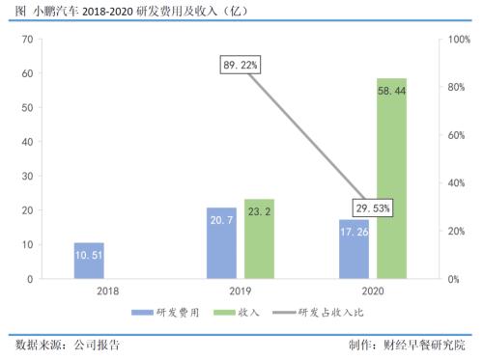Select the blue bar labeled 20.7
click(221, 243)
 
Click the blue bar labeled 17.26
click(354, 249)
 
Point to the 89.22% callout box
click(241, 66)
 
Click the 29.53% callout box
click(373, 208)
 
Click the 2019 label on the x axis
click(240, 291)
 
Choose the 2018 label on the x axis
click(107, 291)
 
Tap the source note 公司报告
click(100, 345)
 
